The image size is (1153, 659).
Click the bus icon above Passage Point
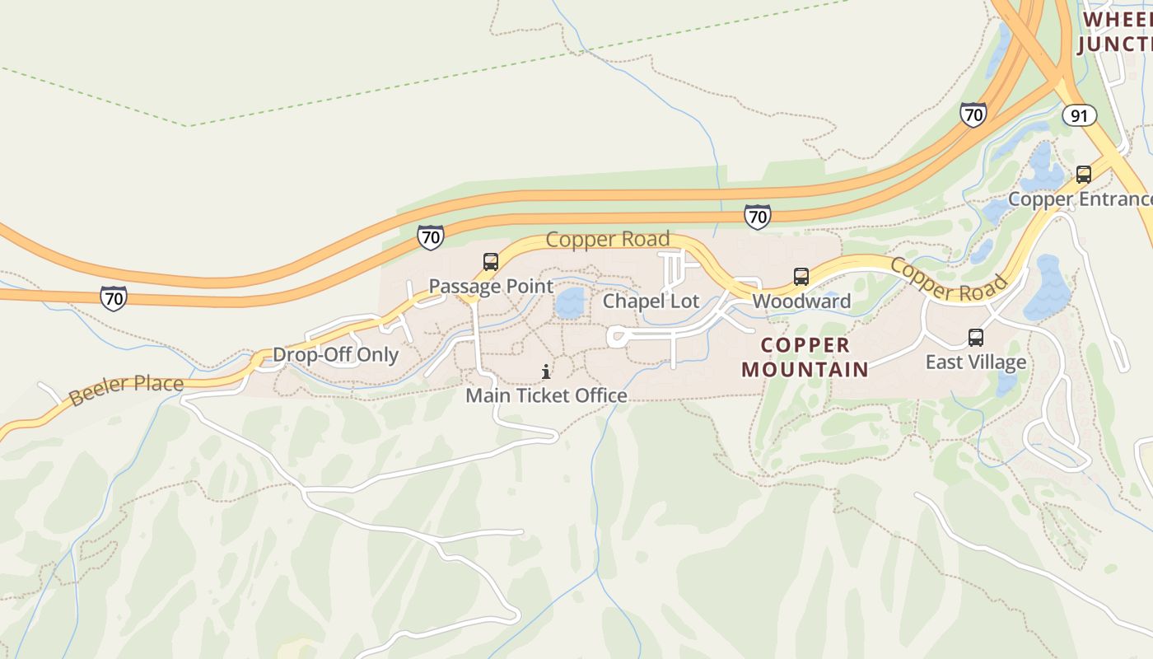(491, 263)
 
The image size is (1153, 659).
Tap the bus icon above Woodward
(801, 277)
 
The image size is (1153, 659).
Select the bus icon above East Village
(976, 338)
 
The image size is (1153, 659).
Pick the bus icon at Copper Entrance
(1084, 175)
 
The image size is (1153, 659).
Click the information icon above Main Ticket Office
(546, 372)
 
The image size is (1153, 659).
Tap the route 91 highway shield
(1079, 115)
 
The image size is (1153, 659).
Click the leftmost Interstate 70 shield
(114, 297)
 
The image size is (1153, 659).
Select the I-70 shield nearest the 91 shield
(973, 114)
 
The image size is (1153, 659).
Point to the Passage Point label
(491, 287)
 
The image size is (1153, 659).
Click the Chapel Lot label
(651, 301)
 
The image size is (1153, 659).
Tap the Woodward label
(801, 301)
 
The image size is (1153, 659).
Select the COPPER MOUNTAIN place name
(805, 357)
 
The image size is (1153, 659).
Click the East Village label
(976, 362)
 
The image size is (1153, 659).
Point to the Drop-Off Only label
(335, 355)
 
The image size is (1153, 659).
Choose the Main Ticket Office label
(546, 396)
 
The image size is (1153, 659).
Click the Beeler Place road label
(126, 390)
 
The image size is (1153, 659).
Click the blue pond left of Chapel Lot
(569, 302)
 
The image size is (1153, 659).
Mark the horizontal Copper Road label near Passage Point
(608, 240)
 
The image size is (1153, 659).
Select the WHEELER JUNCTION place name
(1116, 31)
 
